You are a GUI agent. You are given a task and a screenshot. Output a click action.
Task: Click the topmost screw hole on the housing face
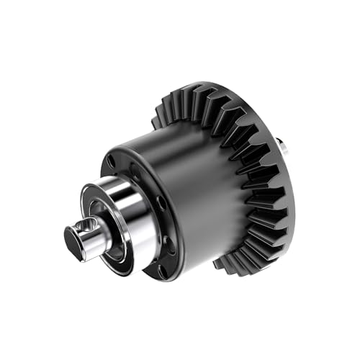pos(112,161)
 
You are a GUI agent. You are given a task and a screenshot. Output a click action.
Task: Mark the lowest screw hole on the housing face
pos(161,271)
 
